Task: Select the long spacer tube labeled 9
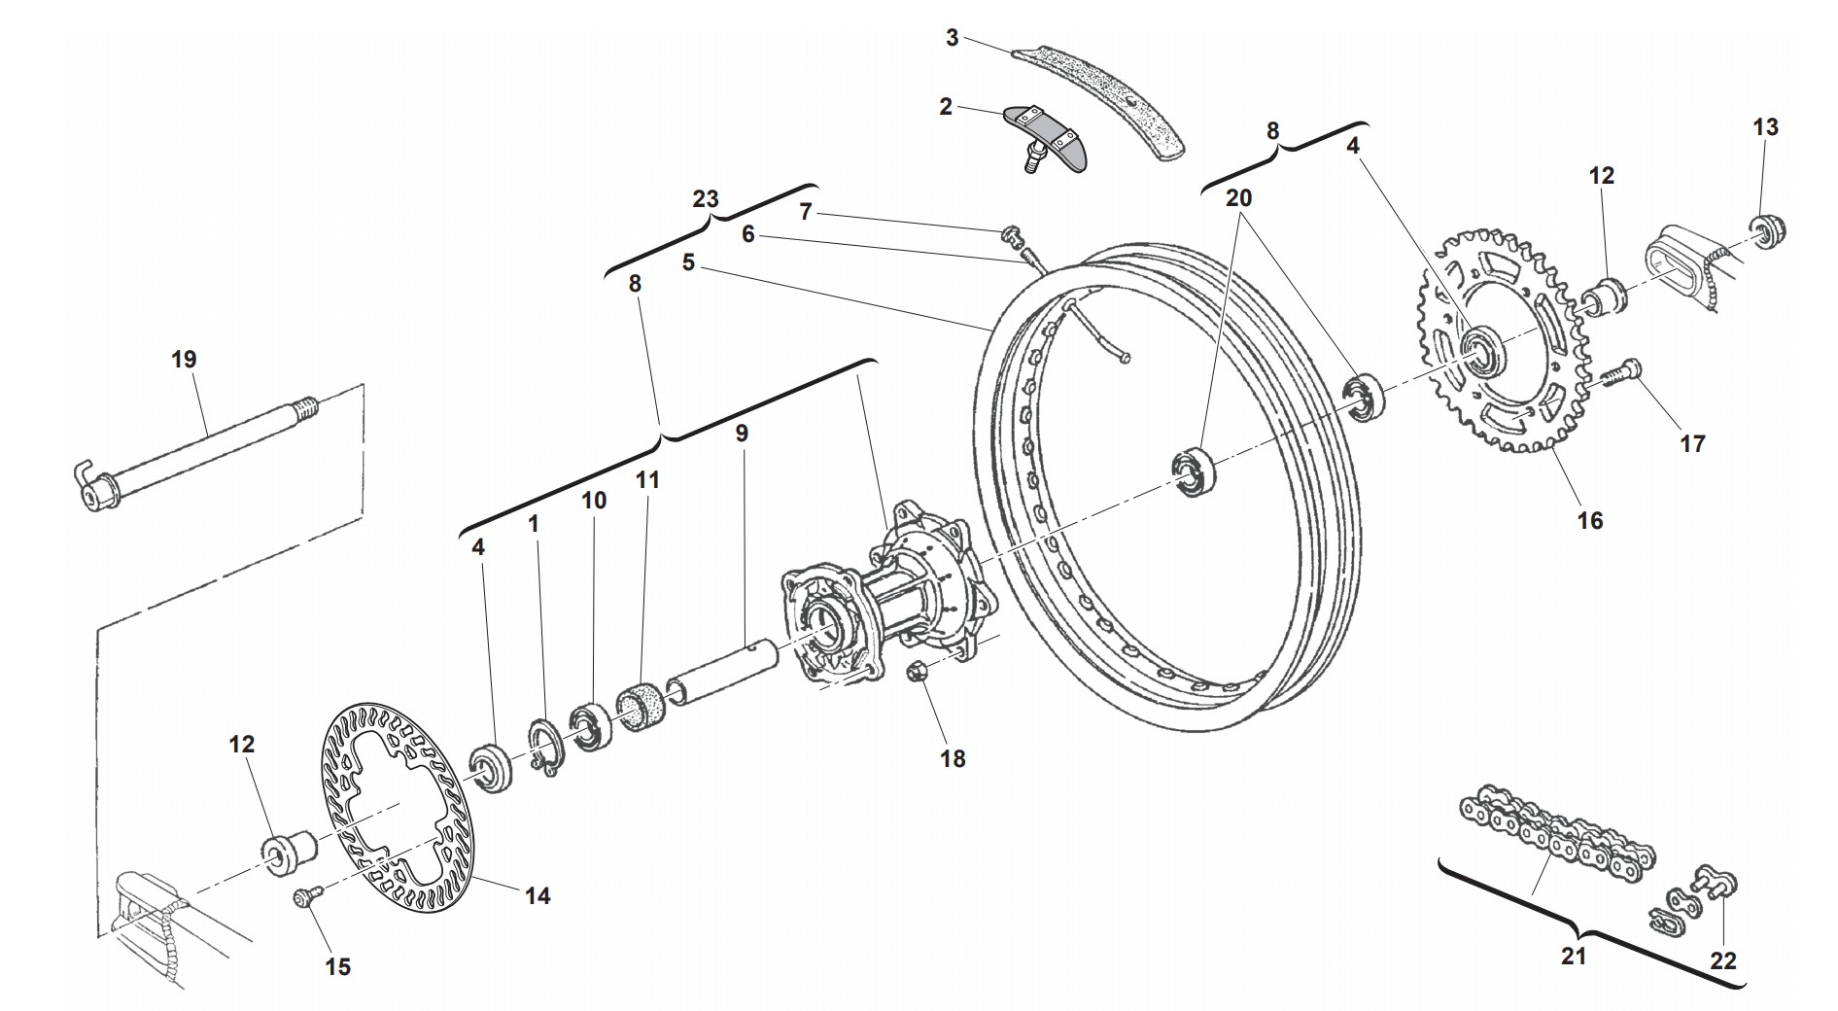pos(721,673)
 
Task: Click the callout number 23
pos(706,199)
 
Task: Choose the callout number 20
pos(1238,197)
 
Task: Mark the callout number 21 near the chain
pos(1574,956)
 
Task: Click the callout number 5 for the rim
pos(688,262)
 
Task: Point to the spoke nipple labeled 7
pos(1011,233)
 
